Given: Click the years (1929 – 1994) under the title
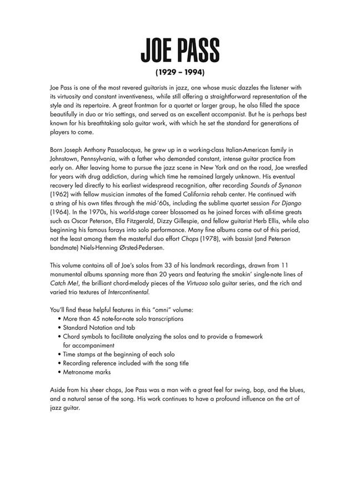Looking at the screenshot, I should (x=180, y=72).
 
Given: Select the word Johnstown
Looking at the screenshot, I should (x=65, y=159).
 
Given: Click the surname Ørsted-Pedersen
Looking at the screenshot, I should (x=156, y=250).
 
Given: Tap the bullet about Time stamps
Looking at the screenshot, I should (x=119, y=354).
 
